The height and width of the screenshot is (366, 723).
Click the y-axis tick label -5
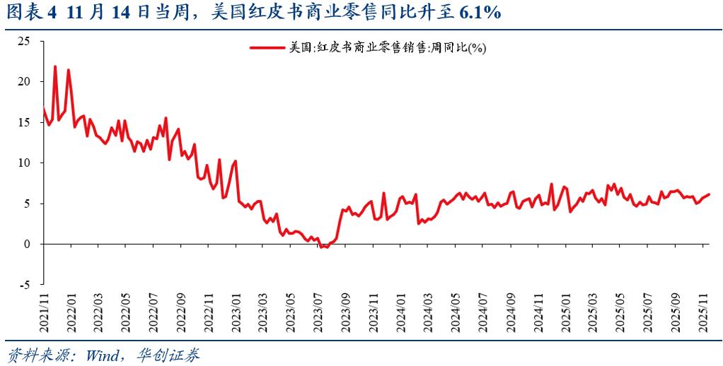25,285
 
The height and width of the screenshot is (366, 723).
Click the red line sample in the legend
267,48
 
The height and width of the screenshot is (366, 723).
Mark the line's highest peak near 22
55,66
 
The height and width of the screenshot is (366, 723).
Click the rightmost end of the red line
709,194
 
